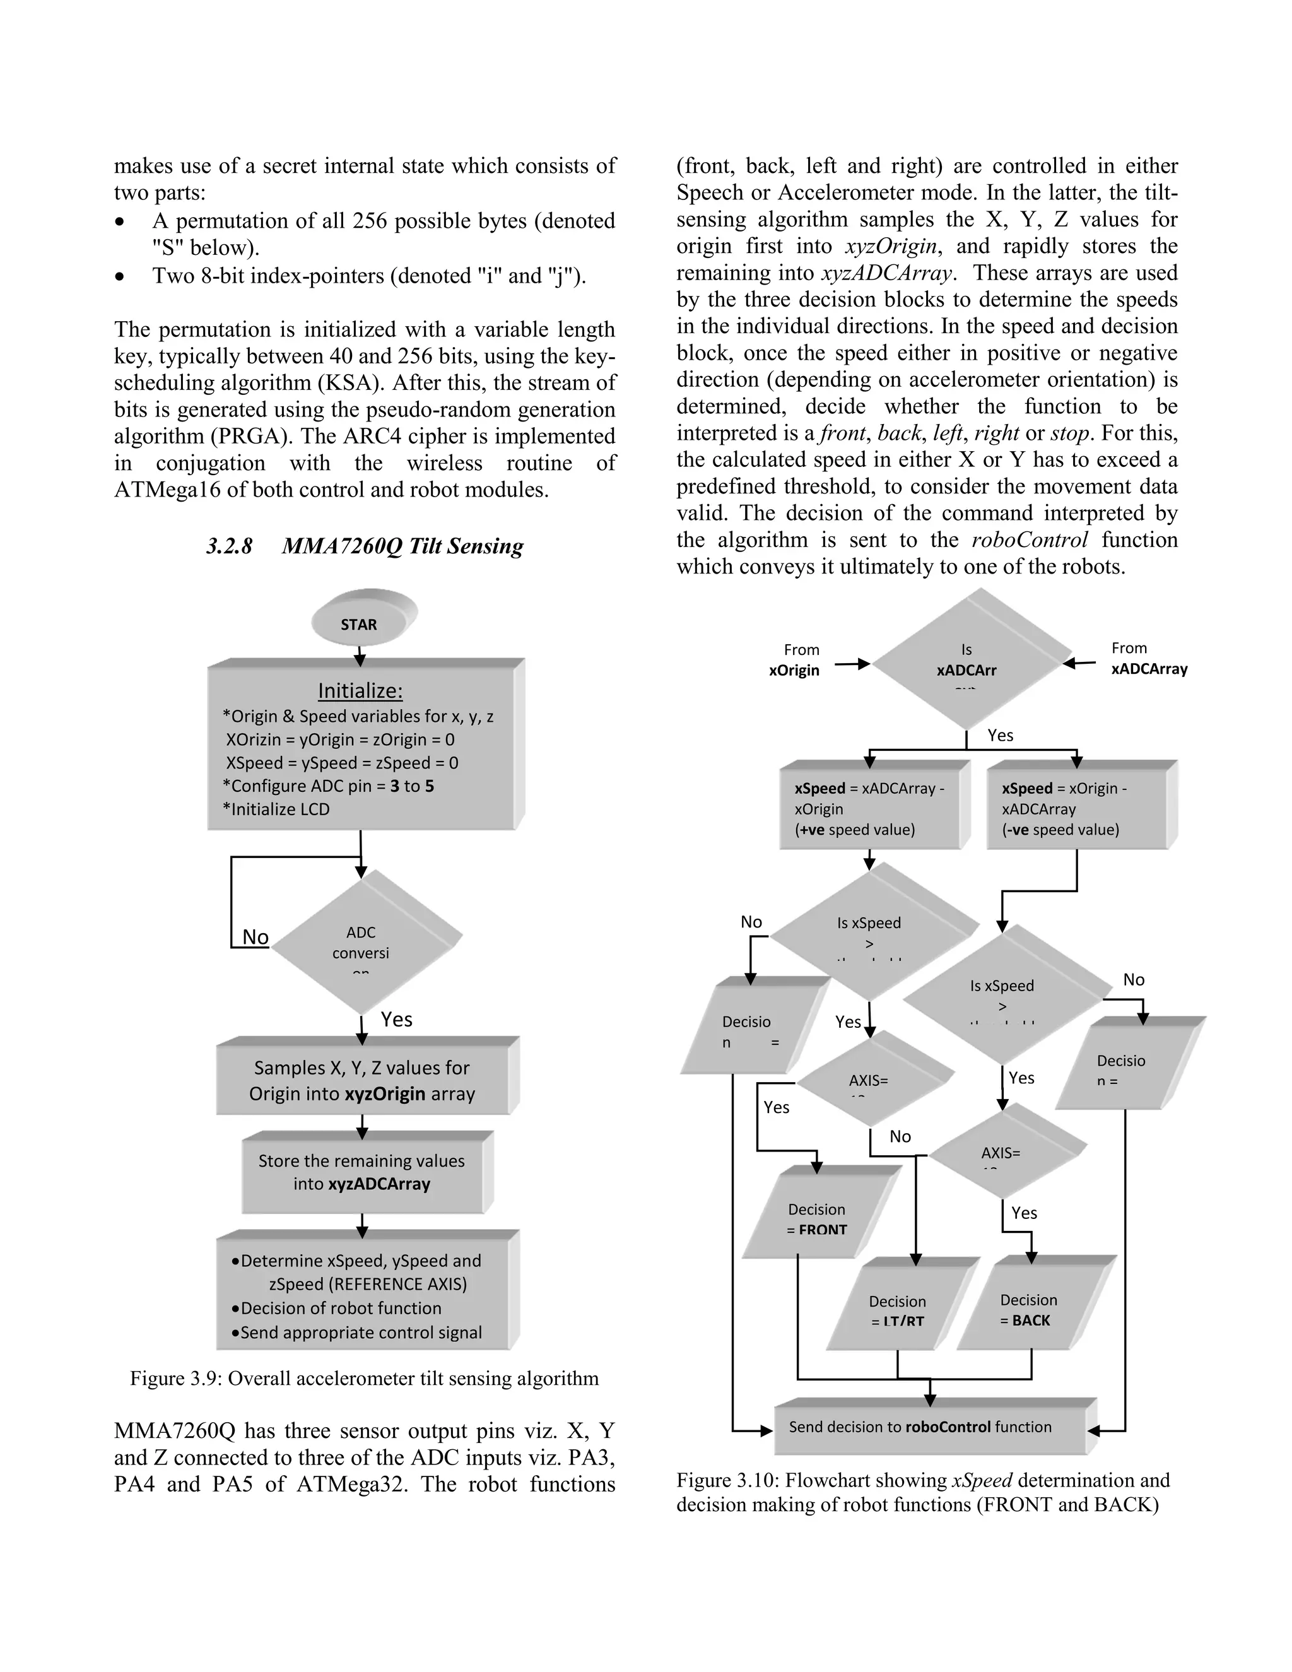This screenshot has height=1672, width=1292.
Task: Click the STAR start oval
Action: click(360, 623)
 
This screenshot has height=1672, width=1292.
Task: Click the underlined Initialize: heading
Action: click(360, 690)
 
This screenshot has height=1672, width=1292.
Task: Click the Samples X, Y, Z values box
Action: click(362, 1080)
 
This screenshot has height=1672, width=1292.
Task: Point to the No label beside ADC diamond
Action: click(255, 936)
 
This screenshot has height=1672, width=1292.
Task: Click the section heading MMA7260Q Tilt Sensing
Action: click(365, 546)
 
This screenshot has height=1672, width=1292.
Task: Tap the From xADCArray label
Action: click(1148, 658)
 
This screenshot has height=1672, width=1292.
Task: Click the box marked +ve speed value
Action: click(869, 808)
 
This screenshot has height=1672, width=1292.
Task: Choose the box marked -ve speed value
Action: click(1077, 808)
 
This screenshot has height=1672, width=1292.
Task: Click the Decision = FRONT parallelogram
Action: click(817, 1219)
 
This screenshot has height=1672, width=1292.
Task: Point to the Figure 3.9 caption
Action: click(365, 1378)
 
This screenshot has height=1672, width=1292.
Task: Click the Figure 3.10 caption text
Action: click(922, 1492)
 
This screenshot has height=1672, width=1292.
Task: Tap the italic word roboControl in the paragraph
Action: click(1030, 539)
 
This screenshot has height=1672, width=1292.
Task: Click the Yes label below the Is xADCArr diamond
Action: click(1000, 735)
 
